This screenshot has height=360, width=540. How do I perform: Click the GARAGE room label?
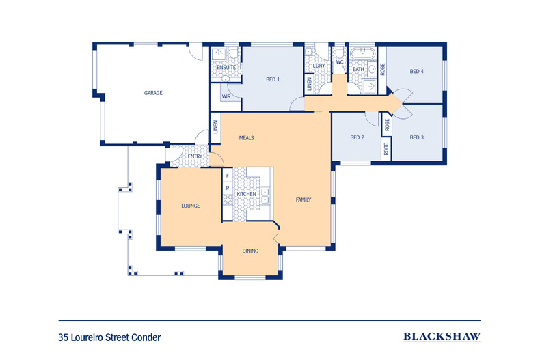pos(152,93)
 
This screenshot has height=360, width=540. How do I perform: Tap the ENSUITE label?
pos(226,68)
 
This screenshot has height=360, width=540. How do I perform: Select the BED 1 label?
pos(273,79)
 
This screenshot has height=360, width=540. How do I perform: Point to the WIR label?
pos(226,97)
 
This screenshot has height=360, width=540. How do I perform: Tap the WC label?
pos(339,62)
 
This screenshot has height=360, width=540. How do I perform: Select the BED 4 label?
pos(417,71)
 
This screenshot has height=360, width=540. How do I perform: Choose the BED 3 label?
pos(417,137)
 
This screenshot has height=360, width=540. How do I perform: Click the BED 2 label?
pos(357,137)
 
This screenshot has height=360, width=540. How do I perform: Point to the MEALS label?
pos(246,137)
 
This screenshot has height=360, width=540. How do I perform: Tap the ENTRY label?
pos(195,156)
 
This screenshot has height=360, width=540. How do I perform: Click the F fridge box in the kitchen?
pos(227,176)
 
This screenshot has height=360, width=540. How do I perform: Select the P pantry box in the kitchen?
pos(227,188)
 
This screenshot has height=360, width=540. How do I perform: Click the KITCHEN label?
pos(246,195)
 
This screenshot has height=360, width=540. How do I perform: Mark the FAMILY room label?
pos(303,200)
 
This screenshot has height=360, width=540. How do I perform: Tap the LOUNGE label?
pos(190,205)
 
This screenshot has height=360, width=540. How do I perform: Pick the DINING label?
pos(250,251)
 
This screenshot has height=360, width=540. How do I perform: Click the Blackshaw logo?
pos(441,336)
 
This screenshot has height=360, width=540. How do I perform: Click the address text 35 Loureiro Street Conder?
pos(109,337)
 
